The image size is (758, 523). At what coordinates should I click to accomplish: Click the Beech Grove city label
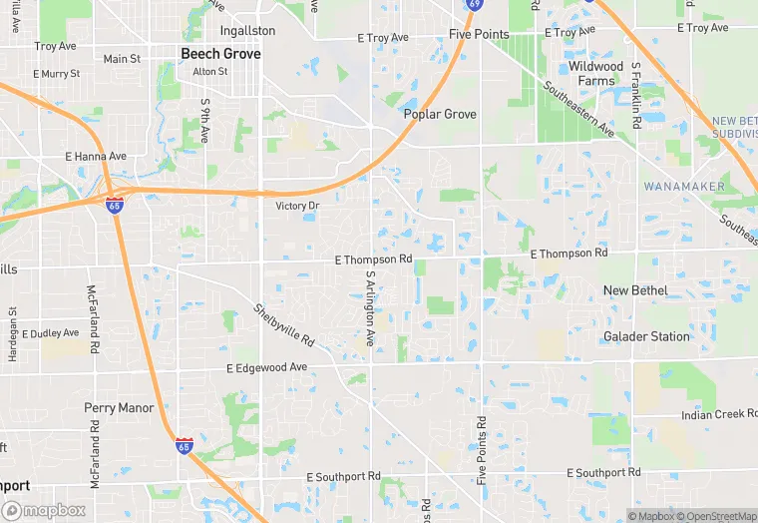[x=220, y=54]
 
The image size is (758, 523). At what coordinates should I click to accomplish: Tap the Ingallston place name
[x=246, y=31]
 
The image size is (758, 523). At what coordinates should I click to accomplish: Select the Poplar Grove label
[x=440, y=114]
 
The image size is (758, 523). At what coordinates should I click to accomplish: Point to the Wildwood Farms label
[x=595, y=73]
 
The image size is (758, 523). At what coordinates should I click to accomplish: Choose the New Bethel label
[x=635, y=290]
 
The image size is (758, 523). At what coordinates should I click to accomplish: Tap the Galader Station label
[x=646, y=336]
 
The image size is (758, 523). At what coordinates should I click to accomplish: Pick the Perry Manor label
[x=119, y=408]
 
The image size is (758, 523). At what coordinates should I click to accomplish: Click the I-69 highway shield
[x=475, y=4]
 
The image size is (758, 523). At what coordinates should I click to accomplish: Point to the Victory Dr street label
[x=297, y=206]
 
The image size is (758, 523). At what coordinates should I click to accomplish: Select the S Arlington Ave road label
[x=370, y=308]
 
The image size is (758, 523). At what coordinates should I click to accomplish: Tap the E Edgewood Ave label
[x=267, y=367]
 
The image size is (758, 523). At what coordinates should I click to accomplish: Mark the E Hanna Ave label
[x=96, y=157]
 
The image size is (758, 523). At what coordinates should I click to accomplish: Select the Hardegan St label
[x=12, y=326]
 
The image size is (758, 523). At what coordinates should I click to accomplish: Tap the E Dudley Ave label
[x=50, y=333]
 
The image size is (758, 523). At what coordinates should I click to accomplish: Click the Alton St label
[x=209, y=72]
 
